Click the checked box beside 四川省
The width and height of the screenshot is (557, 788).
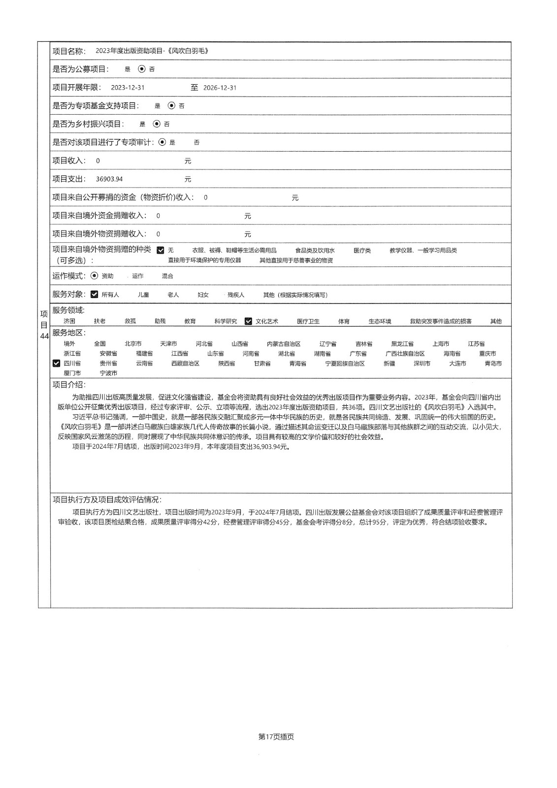pyautogui.click(x=56, y=363)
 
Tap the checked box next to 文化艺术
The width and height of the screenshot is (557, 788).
pyautogui.click(x=248, y=321)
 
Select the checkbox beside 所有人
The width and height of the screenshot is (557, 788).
pyautogui.click(x=95, y=295)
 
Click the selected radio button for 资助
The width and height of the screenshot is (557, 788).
pyautogui.click(x=95, y=276)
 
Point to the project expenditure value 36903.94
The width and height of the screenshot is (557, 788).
pyautogui.click(x=109, y=179)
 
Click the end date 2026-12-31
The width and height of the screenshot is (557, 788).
pyautogui.click(x=220, y=88)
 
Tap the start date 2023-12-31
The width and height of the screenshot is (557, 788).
pyautogui.click(x=128, y=88)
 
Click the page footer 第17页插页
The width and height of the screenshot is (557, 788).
pyautogui.click(x=276, y=737)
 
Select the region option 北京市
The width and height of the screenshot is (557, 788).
pyautogui.click(x=133, y=344)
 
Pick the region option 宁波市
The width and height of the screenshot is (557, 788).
pyautogui.click(x=108, y=373)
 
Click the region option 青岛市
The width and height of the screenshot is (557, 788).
pyautogui.click(x=493, y=363)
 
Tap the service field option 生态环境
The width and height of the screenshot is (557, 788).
pyautogui.click(x=380, y=321)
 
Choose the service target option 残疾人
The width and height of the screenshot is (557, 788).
pyautogui.click(x=236, y=295)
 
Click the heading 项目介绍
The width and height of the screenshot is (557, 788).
pyautogui.click(x=69, y=384)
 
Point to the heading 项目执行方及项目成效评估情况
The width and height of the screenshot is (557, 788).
pyautogui.click(x=107, y=499)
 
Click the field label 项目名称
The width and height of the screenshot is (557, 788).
pyautogui.click(x=69, y=51)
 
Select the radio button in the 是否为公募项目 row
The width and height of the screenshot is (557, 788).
pyautogui.click(x=142, y=69)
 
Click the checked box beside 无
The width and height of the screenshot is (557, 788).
pyautogui.click(x=161, y=250)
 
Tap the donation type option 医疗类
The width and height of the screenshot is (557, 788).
pyautogui.click(x=362, y=250)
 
